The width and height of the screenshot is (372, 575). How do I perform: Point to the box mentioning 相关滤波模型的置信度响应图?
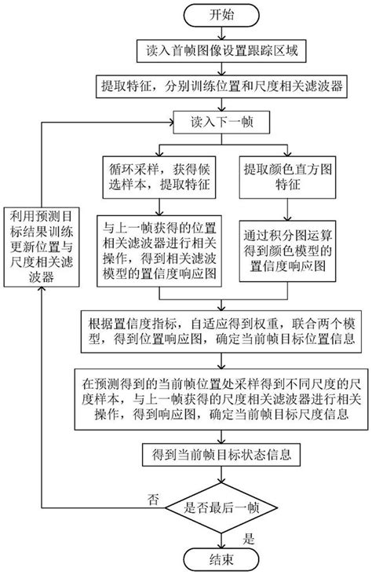coord(160,248)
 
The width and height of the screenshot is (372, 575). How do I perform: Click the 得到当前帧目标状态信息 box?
coord(224,456)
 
